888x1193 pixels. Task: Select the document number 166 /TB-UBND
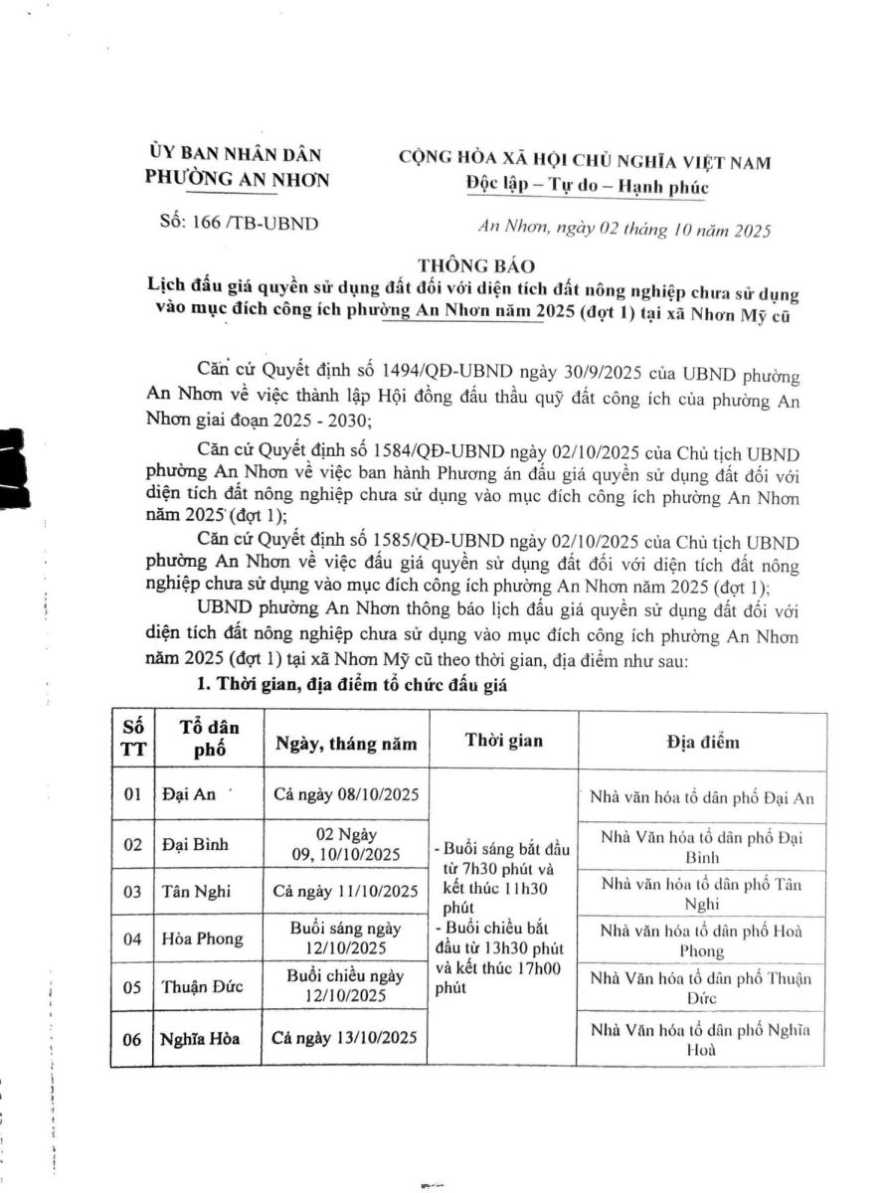(239, 223)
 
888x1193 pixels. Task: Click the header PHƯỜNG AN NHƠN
(237, 179)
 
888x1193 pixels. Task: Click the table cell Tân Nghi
(193, 891)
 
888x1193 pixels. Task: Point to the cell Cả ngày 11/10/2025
(344, 891)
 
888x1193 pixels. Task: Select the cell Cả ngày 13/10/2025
(344, 1038)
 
